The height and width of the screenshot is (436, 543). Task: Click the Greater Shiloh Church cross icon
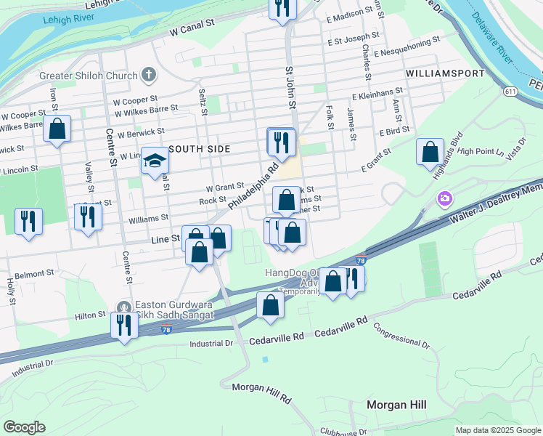(149, 74)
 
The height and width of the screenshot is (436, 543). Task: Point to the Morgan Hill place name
(396, 405)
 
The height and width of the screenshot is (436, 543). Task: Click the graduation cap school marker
(154, 161)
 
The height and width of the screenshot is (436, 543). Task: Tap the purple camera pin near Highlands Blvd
(444, 198)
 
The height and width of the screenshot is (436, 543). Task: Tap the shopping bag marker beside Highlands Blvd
(430, 153)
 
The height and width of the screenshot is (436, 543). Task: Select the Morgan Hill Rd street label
(261, 394)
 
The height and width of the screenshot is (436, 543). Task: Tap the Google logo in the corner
(25, 427)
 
